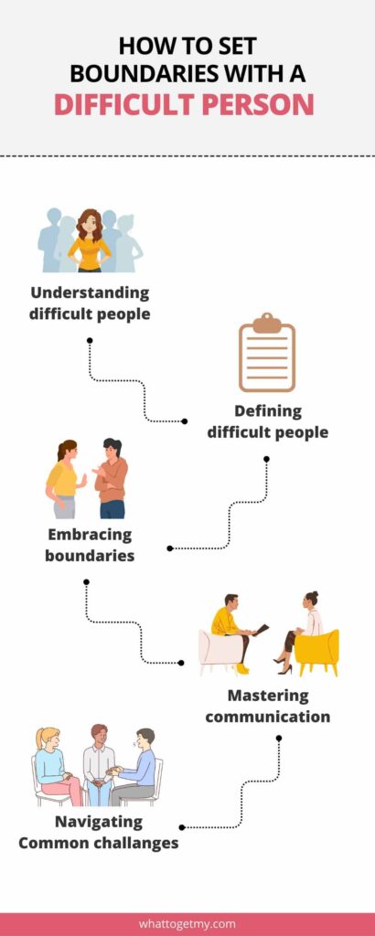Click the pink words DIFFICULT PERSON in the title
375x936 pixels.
click(x=183, y=103)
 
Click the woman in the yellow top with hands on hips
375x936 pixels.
click(x=90, y=240)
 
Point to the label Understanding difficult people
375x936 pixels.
click(x=90, y=303)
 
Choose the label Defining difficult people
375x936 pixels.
click(x=267, y=421)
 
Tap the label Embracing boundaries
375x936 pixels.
click(x=90, y=545)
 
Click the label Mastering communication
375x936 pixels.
click(x=267, y=706)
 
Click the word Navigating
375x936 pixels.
click(x=99, y=822)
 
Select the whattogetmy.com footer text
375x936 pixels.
click(x=187, y=923)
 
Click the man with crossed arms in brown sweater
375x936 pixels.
click(x=111, y=478)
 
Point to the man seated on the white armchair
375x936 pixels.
click(x=233, y=632)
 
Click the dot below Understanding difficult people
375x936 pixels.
click(x=90, y=340)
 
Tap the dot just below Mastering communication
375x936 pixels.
click(x=279, y=738)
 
